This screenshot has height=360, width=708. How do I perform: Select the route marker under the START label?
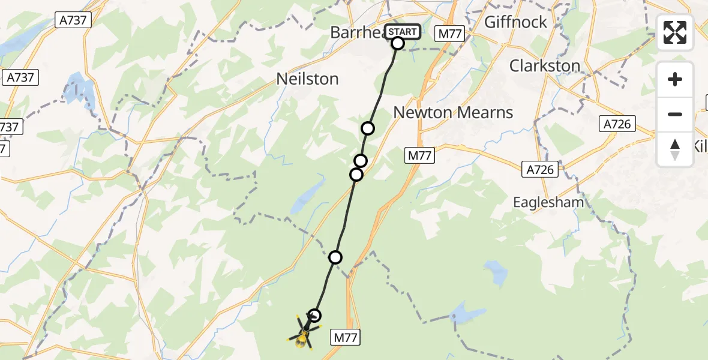point(398,43)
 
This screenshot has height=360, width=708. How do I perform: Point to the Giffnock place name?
point(515,22)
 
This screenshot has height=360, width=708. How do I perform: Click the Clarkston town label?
point(545,65)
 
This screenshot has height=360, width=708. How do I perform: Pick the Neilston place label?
point(307,79)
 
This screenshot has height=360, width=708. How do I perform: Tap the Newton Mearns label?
point(453,112)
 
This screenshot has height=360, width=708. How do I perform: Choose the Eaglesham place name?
point(548,202)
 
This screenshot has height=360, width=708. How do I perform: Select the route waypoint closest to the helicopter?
point(314,315)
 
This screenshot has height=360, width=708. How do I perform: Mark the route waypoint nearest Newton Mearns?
point(368,128)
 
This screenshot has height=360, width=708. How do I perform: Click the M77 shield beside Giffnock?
point(450,34)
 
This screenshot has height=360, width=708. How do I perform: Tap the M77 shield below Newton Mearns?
point(419,156)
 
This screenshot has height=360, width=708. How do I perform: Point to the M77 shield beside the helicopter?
point(345,338)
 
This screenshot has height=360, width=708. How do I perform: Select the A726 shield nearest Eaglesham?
point(540,170)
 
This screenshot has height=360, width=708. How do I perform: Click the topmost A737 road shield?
point(74,20)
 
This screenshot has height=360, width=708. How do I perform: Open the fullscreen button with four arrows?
point(675,32)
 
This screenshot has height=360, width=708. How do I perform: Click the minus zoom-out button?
point(675,114)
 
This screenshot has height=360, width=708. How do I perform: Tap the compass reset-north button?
point(675,149)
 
